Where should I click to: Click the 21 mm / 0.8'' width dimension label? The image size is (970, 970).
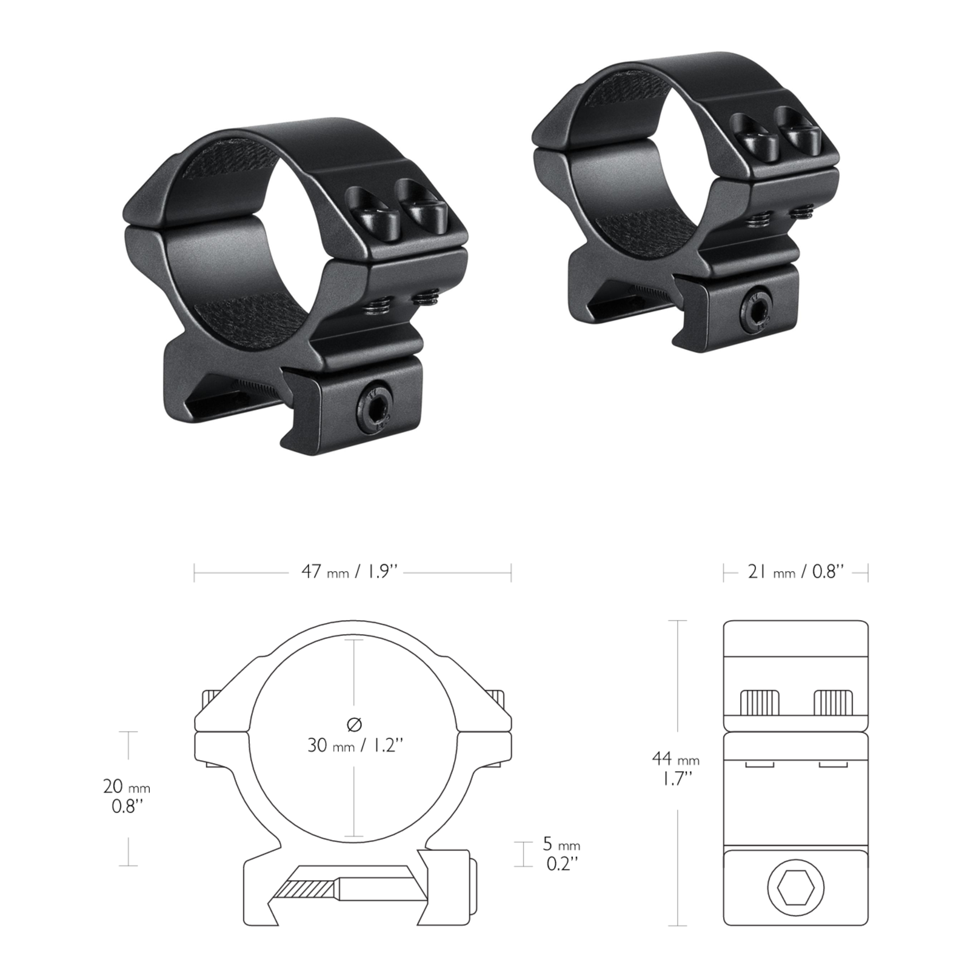pos(795,572)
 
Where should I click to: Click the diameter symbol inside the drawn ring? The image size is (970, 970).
pos(355,724)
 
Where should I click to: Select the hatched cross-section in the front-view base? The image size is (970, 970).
pos(306,889)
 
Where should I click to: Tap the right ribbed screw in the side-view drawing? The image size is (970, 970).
pos(833,703)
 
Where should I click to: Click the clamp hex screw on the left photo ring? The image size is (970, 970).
pos(373,407)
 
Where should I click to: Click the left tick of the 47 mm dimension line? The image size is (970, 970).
pos(194,572)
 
